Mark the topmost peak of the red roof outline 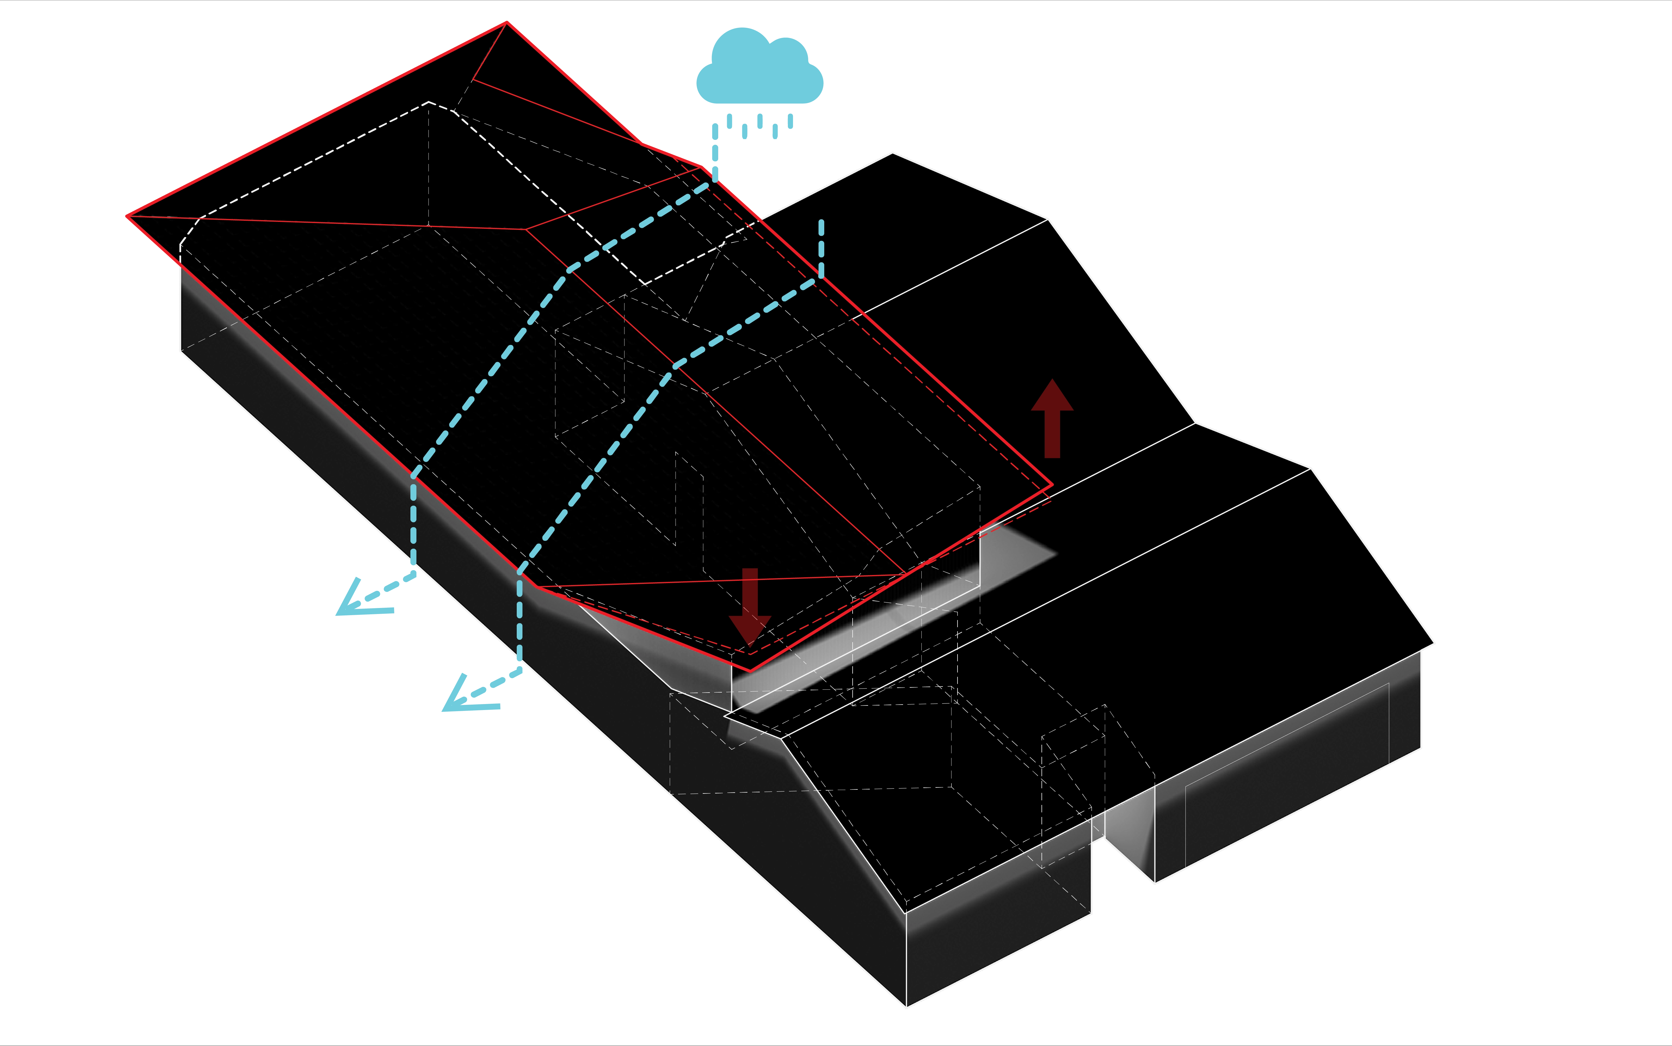tap(507, 23)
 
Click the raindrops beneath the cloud tap(754, 127)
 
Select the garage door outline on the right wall tap(1286, 775)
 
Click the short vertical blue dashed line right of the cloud tap(821, 248)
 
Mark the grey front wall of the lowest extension tap(996, 948)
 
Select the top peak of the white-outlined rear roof tap(893, 154)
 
